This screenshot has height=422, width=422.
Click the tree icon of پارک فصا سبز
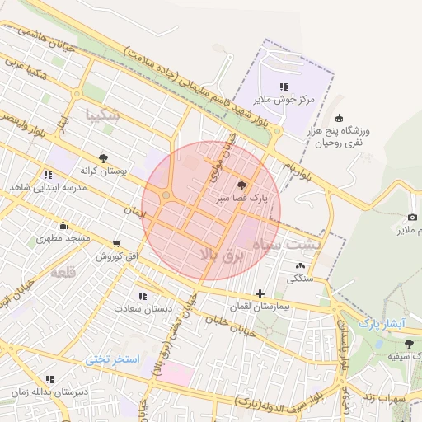click(x=241, y=185)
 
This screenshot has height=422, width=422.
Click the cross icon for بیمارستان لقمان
click(x=260, y=293)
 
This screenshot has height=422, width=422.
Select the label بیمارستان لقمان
click(x=260, y=307)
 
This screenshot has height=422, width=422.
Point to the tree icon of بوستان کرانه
click(x=103, y=157)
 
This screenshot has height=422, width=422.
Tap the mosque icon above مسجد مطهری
click(x=63, y=226)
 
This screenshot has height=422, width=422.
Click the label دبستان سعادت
click(x=143, y=308)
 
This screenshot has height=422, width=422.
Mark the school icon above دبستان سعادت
click(x=143, y=295)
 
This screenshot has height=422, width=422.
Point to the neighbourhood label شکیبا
click(x=102, y=115)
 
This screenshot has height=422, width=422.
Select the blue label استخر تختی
click(x=114, y=360)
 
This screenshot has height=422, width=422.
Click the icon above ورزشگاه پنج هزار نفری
click(x=340, y=118)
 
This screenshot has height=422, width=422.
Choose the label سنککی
click(x=299, y=279)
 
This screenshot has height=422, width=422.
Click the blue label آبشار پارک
click(x=381, y=325)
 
